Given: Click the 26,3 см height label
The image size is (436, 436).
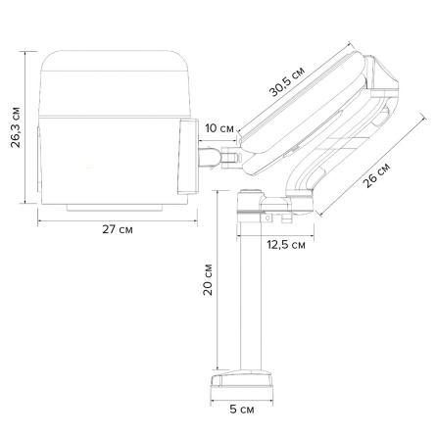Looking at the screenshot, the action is coord(16,127).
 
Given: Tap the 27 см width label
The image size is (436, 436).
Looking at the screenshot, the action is coord(118,229).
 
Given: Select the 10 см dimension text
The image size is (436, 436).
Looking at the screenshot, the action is coord(219,128).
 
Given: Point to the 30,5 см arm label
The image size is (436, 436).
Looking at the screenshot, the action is coord(287,82).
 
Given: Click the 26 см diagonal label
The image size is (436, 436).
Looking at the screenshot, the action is coord(376,175).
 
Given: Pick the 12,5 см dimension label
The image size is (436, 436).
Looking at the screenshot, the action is coord(286,244).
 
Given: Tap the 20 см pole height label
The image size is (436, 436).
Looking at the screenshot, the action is coord(208,279).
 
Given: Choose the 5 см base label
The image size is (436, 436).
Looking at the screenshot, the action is coord(242,409).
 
